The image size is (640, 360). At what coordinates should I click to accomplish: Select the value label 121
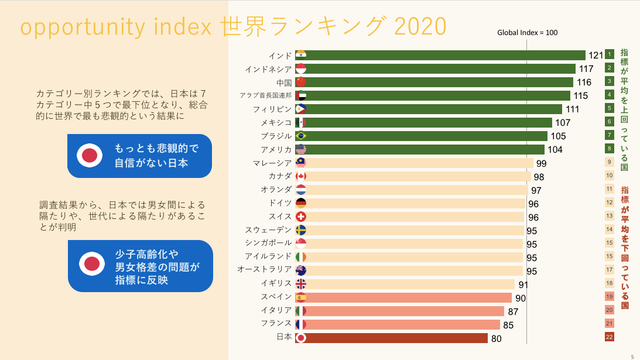pyautogui.click(x=595, y=55)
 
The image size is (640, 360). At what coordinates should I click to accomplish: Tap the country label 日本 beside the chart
pyautogui.click(x=284, y=337)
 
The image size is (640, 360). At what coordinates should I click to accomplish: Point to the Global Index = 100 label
pyautogui.click(x=527, y=32)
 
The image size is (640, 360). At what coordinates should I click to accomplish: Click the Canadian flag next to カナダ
pyautogui.click(x=302, y=176)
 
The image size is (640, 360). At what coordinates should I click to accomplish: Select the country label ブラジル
pyautogui.click(x=275, y=136)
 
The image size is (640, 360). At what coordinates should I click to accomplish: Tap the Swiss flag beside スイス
pyautogui.click(x=302, y=216)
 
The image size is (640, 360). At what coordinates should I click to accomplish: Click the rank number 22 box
pyautogui.click(x=609, y=337)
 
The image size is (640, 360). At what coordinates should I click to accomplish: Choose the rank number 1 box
pyautogui.click(x=609, y=55)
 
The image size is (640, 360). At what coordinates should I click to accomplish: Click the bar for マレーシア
pyautogui.click(x=420, y=162)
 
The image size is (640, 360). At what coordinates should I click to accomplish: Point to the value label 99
pyautogui.click(x=541, y=162)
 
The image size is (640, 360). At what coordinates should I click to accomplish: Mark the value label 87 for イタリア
pyautogui.click(x=513, y=311)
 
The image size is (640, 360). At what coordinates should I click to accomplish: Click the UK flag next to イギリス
pyautogui.click(x=302, y=283)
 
